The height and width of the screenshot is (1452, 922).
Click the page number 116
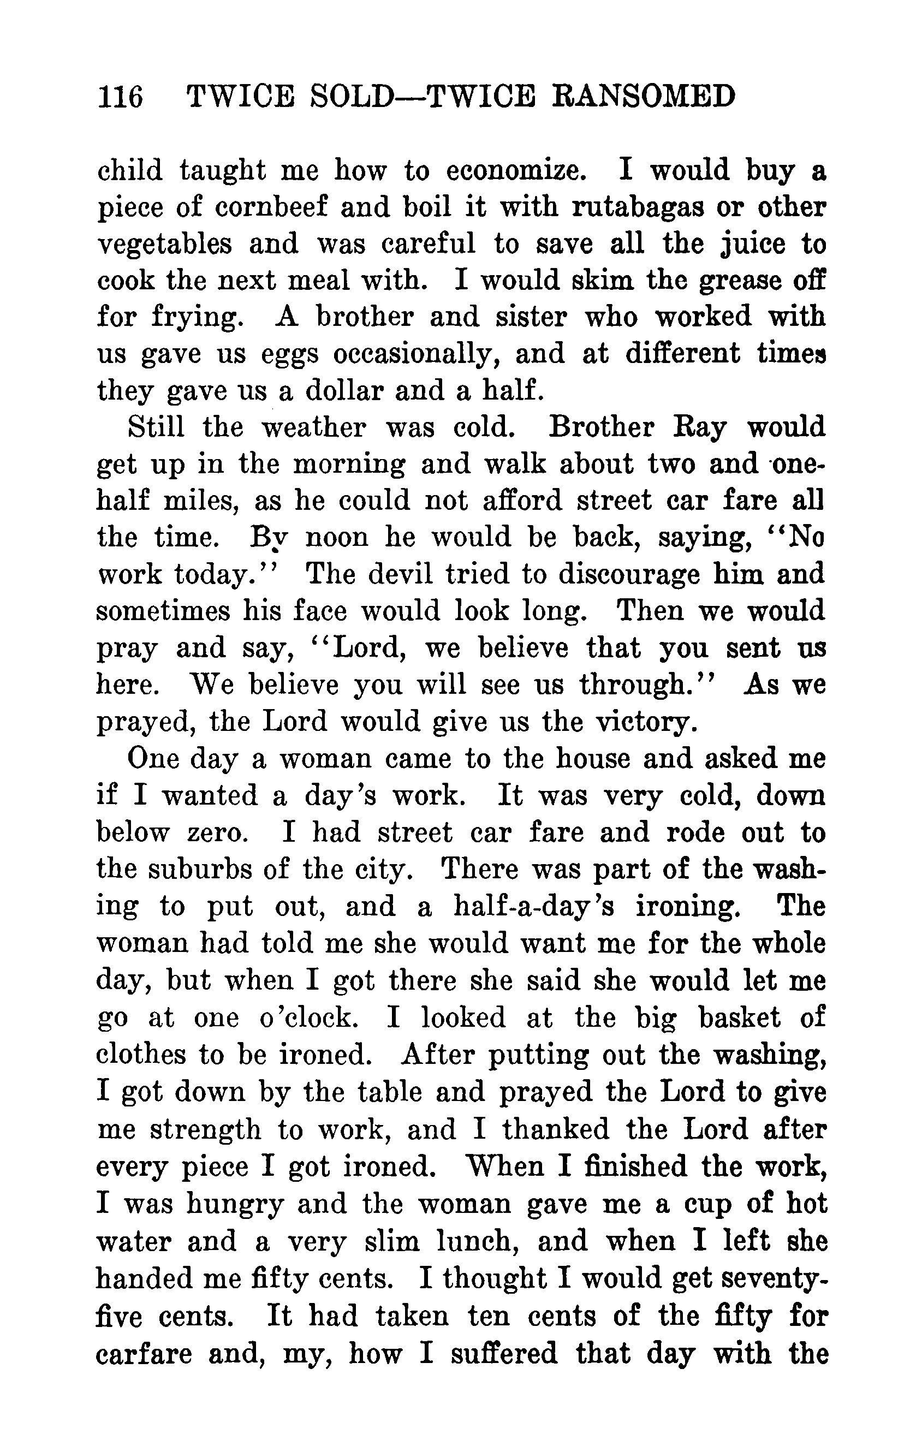coord(120,97)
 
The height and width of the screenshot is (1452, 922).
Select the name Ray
coord(699,428)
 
